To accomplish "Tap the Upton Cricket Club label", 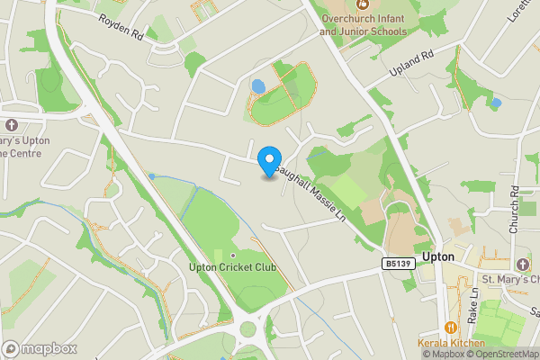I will click(232, 267).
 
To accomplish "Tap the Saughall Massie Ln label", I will click(311, 191).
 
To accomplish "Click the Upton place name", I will click(437, 256).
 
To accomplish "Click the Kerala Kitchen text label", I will click(450, 343).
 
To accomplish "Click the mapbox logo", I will click(39, 348).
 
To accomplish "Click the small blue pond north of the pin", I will click(258, 87).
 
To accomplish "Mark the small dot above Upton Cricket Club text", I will click(232, 256).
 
